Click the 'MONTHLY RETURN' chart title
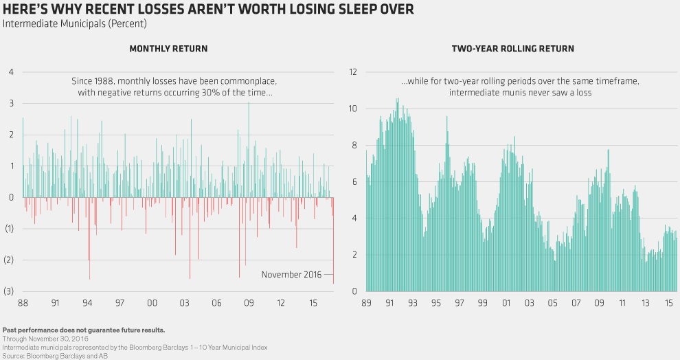click(168, 49)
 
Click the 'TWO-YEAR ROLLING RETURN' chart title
click(512, 49)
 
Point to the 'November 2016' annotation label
click(291, 275)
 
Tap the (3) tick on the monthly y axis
click(10, 291)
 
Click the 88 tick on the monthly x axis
click(23, 303)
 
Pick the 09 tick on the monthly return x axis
click(249, 303)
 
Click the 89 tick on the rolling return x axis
click(367, 303)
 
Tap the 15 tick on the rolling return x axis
click(666, 303)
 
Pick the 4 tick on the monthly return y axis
click(12, 71)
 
